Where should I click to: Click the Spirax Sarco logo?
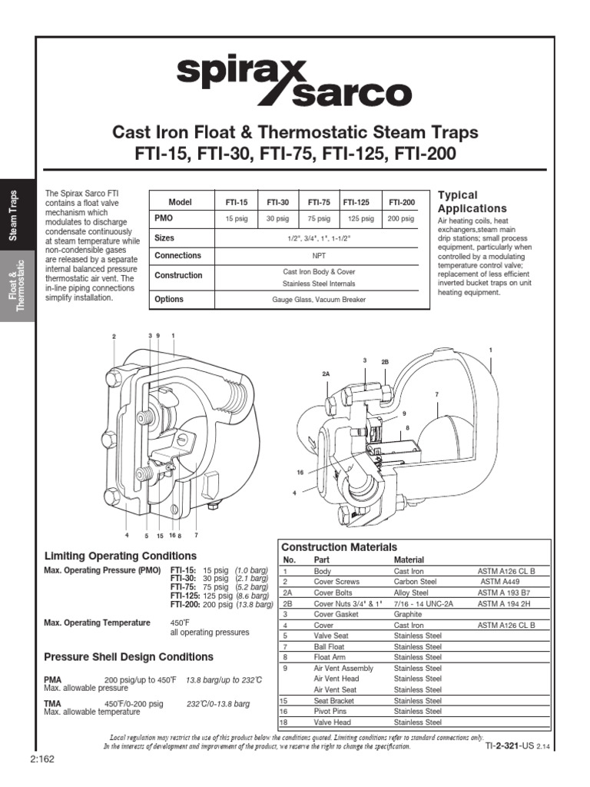pos(294,82)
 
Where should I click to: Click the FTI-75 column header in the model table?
pos(318,202)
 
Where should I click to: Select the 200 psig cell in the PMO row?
pos(401,219)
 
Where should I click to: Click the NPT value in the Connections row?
pos(319,256)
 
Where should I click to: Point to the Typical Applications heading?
pos(472,201)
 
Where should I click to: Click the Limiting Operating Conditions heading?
pos(121,556)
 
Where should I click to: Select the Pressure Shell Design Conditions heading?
pos(129,657)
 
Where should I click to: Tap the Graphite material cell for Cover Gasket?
pos(409,615)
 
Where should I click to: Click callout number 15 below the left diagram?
pos(160,535)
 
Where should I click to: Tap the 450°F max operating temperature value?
pos(178,623)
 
